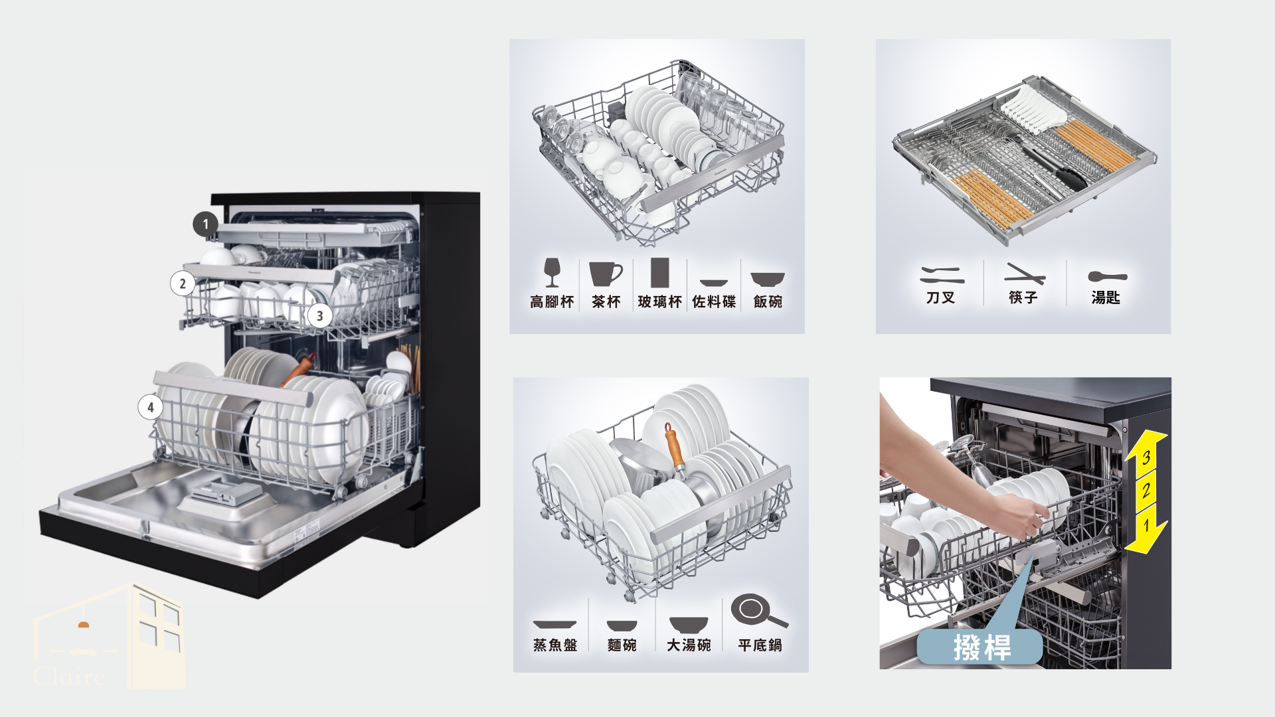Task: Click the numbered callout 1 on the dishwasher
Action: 206,224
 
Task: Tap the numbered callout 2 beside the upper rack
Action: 183,283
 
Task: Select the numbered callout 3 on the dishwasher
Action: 319,316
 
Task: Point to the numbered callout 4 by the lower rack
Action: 150,407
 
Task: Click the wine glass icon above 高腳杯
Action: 552,272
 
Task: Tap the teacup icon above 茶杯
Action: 606,274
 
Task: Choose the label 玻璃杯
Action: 659,302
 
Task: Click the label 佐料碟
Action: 714,302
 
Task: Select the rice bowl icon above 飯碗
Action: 768,279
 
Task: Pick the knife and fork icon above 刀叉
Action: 942,275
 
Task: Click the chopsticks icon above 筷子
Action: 1025,274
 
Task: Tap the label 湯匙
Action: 1106,297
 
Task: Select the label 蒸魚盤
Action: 555,645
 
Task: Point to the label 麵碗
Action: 622,645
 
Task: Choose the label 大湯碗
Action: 689,645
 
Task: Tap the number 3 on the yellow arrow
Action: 1146,457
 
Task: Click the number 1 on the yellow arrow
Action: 1146,526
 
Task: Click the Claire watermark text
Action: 69,677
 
